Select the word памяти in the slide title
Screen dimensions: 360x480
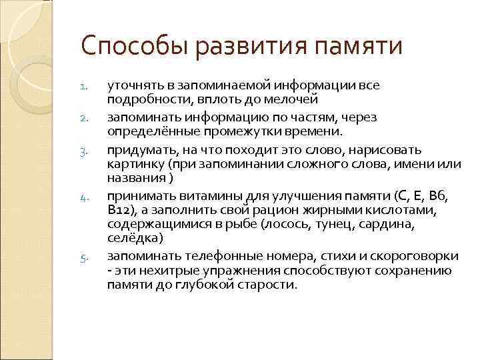359,47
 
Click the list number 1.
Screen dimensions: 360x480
83,86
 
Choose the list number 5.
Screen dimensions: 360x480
83,257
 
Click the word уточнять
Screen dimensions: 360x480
134,85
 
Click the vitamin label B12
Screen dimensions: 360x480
119,210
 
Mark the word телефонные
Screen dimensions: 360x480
205,257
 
